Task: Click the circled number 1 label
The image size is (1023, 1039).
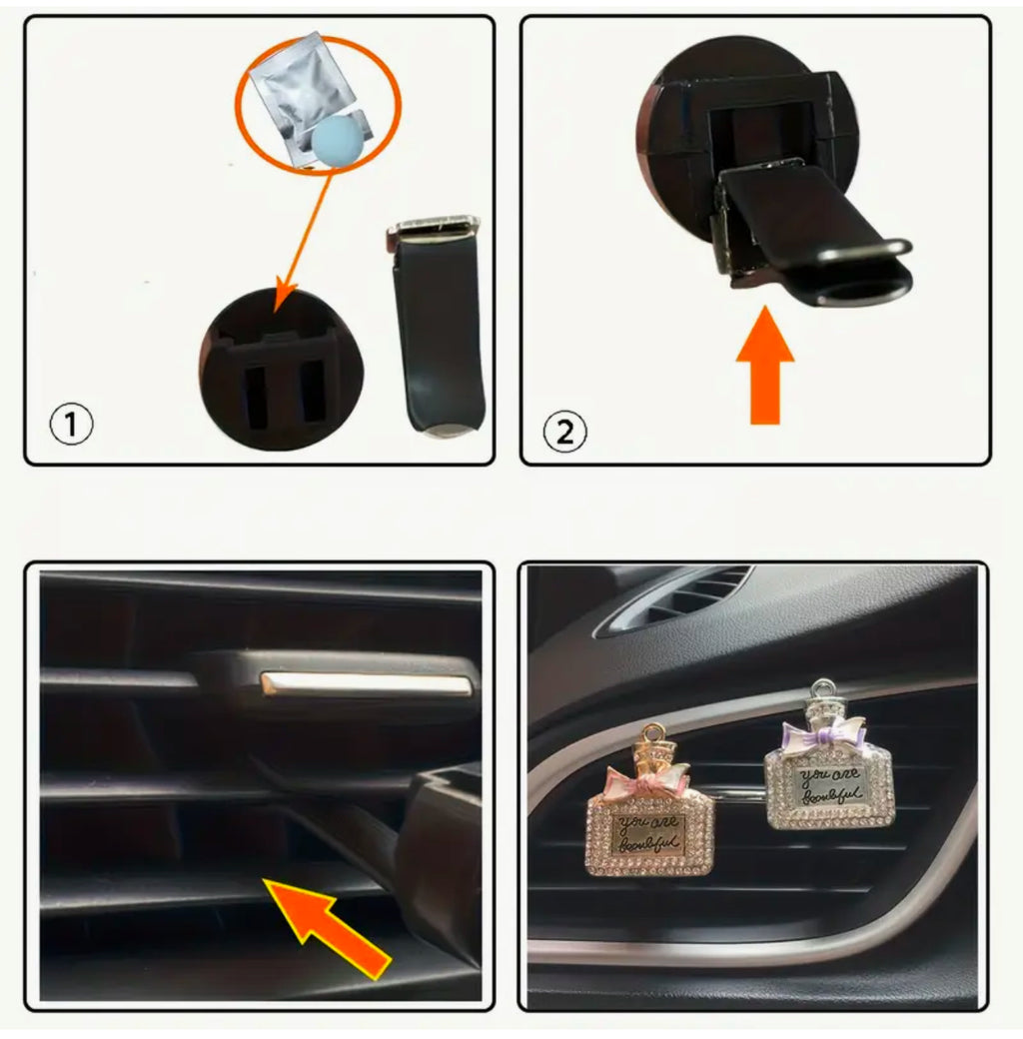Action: (71, 426)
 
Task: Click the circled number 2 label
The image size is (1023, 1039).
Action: (564, 432)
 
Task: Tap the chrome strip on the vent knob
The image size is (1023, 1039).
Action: (364, 684)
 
